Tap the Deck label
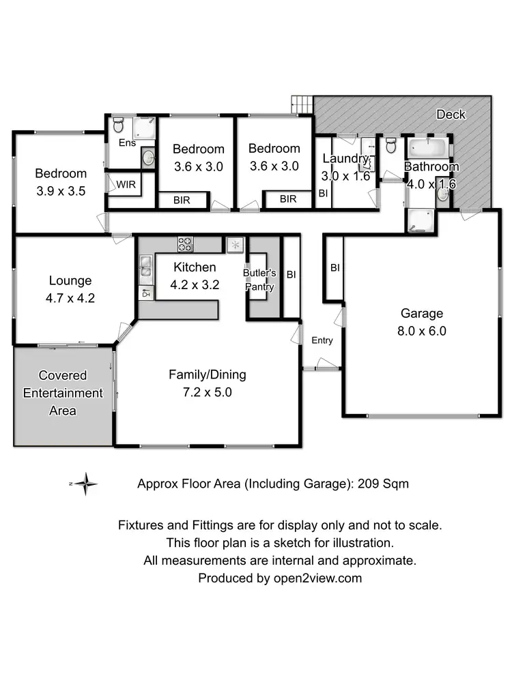pyautogui.click(x=451, y=114)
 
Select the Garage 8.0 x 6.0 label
pyautogui.click(x=421, y=322)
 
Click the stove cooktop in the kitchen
pyautogui.click(x=186, y=242)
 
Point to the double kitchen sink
pyautogui.click(x=146, y=268)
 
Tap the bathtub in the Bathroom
pyautogui.click(x=427, y=148)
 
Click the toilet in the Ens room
pyautogui.click(x=118, y=125)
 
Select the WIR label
pyautogui.click(x=125, y=184)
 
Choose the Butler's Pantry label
pyautogui.click(x=259, y=280)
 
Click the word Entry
pyautogui.click(x=322, y=340)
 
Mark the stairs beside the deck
pyautogui.click(x=302, y=105)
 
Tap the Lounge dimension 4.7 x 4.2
pyautogui.click(x=70, y=297)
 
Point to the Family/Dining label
pyautogui.click(x=208, y=374)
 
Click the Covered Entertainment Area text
pyautogui.click(x=62, y=393)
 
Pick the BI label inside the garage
pyautogui.click(x=335, y=268)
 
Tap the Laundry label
pyautogui.click(x=345, y=159)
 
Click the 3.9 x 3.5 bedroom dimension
pyautogui.click(x=61, y=191)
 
